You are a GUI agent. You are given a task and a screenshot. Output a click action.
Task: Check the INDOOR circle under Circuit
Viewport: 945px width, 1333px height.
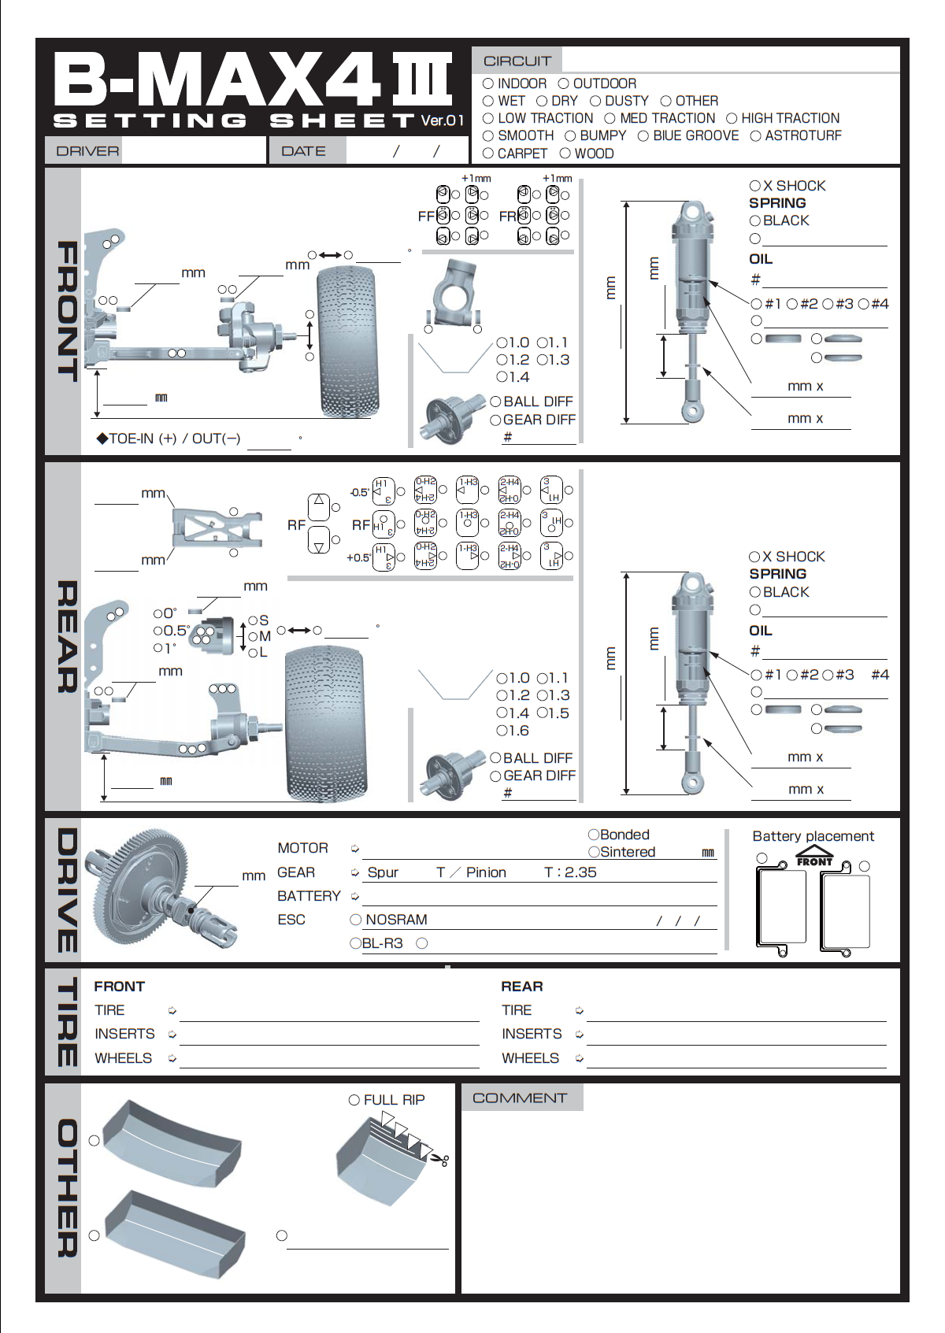488,83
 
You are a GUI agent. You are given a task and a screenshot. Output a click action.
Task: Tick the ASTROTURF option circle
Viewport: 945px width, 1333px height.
755,136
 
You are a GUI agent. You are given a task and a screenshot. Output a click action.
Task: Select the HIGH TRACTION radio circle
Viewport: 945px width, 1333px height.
732,119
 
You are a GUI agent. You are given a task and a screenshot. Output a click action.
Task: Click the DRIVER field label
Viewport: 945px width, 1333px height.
87,151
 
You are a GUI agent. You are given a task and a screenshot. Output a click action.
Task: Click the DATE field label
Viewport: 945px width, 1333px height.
303,151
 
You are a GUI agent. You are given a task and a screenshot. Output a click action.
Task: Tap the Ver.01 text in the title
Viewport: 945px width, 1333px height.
442,120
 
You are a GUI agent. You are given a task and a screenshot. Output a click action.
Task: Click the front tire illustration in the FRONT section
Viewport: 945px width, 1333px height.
346,341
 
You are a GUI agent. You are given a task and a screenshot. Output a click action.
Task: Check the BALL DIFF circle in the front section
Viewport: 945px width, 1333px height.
495,402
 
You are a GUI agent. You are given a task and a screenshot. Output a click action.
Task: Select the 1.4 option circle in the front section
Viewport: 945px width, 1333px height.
502,377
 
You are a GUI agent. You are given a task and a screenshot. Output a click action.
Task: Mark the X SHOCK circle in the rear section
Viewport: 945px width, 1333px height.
754,557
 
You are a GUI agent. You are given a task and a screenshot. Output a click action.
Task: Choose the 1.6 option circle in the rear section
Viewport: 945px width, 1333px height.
502,731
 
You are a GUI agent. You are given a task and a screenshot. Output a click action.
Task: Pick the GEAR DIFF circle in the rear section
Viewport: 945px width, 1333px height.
495,776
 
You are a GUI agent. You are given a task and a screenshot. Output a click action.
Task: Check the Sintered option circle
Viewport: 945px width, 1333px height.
594,852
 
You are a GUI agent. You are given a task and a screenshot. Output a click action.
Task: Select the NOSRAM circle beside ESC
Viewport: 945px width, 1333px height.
356,920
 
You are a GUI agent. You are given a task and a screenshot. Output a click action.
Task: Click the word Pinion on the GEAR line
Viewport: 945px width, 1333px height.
486,872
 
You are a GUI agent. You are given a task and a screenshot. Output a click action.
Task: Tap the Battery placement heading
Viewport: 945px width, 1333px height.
813,836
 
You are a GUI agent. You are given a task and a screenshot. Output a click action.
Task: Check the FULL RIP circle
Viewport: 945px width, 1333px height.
354,1100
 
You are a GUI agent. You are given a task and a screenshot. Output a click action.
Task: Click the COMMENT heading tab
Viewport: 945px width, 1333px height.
520,1098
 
